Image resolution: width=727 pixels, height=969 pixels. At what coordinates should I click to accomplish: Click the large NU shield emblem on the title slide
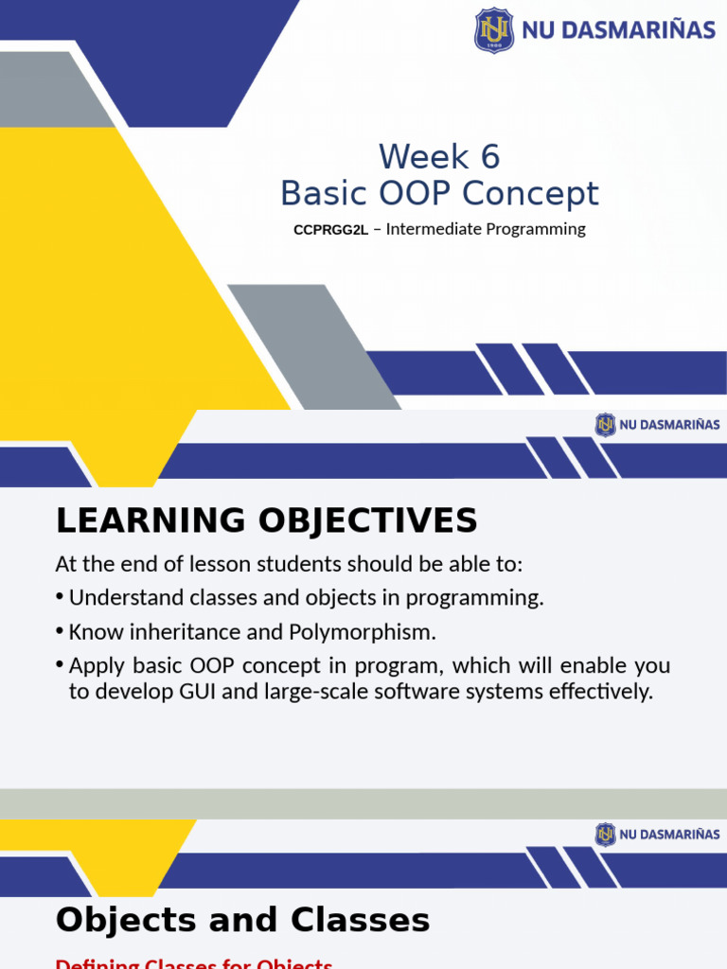click(494, 30)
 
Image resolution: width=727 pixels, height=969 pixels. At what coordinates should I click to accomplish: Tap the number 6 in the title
click(489, 156)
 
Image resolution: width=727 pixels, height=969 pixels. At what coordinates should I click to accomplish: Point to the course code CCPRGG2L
click(330, 230)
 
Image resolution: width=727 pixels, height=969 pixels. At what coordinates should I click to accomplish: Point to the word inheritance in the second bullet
click(176, 631)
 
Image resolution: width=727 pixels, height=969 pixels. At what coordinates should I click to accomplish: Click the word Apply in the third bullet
click(95, 666)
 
